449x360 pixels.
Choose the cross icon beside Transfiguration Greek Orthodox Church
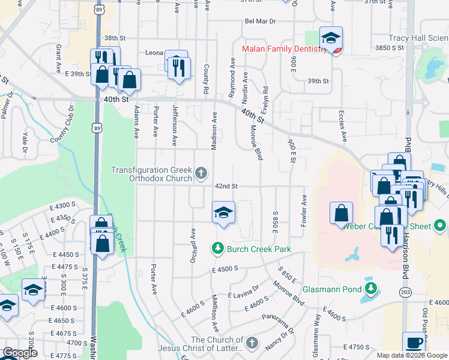pyautogui.click(x=201, y=175)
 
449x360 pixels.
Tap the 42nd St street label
pyautogui.click(x=228, y=186)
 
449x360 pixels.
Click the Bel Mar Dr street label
pyautogui.click(x=260, y=21)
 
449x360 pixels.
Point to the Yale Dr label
pyautogui.click(x=25, y=141)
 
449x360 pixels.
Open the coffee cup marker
pyautogui.click(x=414, y=343)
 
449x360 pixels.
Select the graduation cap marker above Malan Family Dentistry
pyautogui.click(x=330, y=38)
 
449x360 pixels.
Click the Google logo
pyautogui.click(x=19, y=353)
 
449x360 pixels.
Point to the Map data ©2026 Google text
pyautogui.click(x=412, y=355)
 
